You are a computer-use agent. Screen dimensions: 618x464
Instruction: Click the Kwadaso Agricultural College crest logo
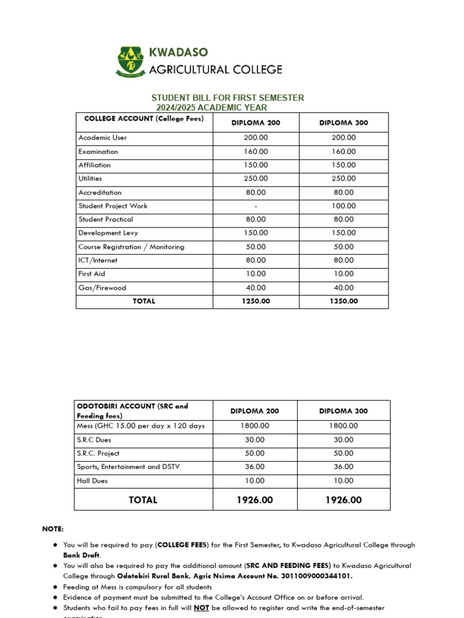click(x=131, y=62)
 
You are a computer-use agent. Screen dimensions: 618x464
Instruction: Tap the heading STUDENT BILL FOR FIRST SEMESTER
click(x=227, y=98)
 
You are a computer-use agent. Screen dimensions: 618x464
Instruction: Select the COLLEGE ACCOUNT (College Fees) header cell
click(x=144, y=119)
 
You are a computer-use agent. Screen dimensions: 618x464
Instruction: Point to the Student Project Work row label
click(x=112, y=206)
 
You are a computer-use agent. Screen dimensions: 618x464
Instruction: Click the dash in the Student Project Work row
click(x=256, y=206)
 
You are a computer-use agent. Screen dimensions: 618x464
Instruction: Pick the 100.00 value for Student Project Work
click(x=343, y=206)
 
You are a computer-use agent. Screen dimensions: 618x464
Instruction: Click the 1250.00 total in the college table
click(x=256, y=301)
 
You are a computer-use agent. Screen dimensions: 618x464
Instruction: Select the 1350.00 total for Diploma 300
click(x=343, y=301)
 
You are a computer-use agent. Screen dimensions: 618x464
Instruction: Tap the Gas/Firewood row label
click(x=102, y=288)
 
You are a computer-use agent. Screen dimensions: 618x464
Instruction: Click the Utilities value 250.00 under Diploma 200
click(x=256, y=179)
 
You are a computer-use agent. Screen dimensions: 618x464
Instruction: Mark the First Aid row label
click(x=91, y=274)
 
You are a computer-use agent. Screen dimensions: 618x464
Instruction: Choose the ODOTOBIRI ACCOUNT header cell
click(x=132, y=411)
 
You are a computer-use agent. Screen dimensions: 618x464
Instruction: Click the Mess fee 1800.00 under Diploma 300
click(x=343, y=425)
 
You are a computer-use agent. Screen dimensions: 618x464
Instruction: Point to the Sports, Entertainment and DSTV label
click(x=128, y=467)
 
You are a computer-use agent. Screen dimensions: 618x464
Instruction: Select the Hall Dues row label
click(x=92, y=481)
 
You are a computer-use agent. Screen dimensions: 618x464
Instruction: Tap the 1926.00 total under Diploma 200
click(x=256, y=500)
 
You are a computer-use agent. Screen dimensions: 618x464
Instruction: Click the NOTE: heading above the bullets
click(x=53, y=529)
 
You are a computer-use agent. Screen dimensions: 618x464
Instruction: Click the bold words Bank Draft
click(x=82, y=555)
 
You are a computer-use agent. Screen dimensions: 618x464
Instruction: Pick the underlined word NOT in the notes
click(x=201, y=608)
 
